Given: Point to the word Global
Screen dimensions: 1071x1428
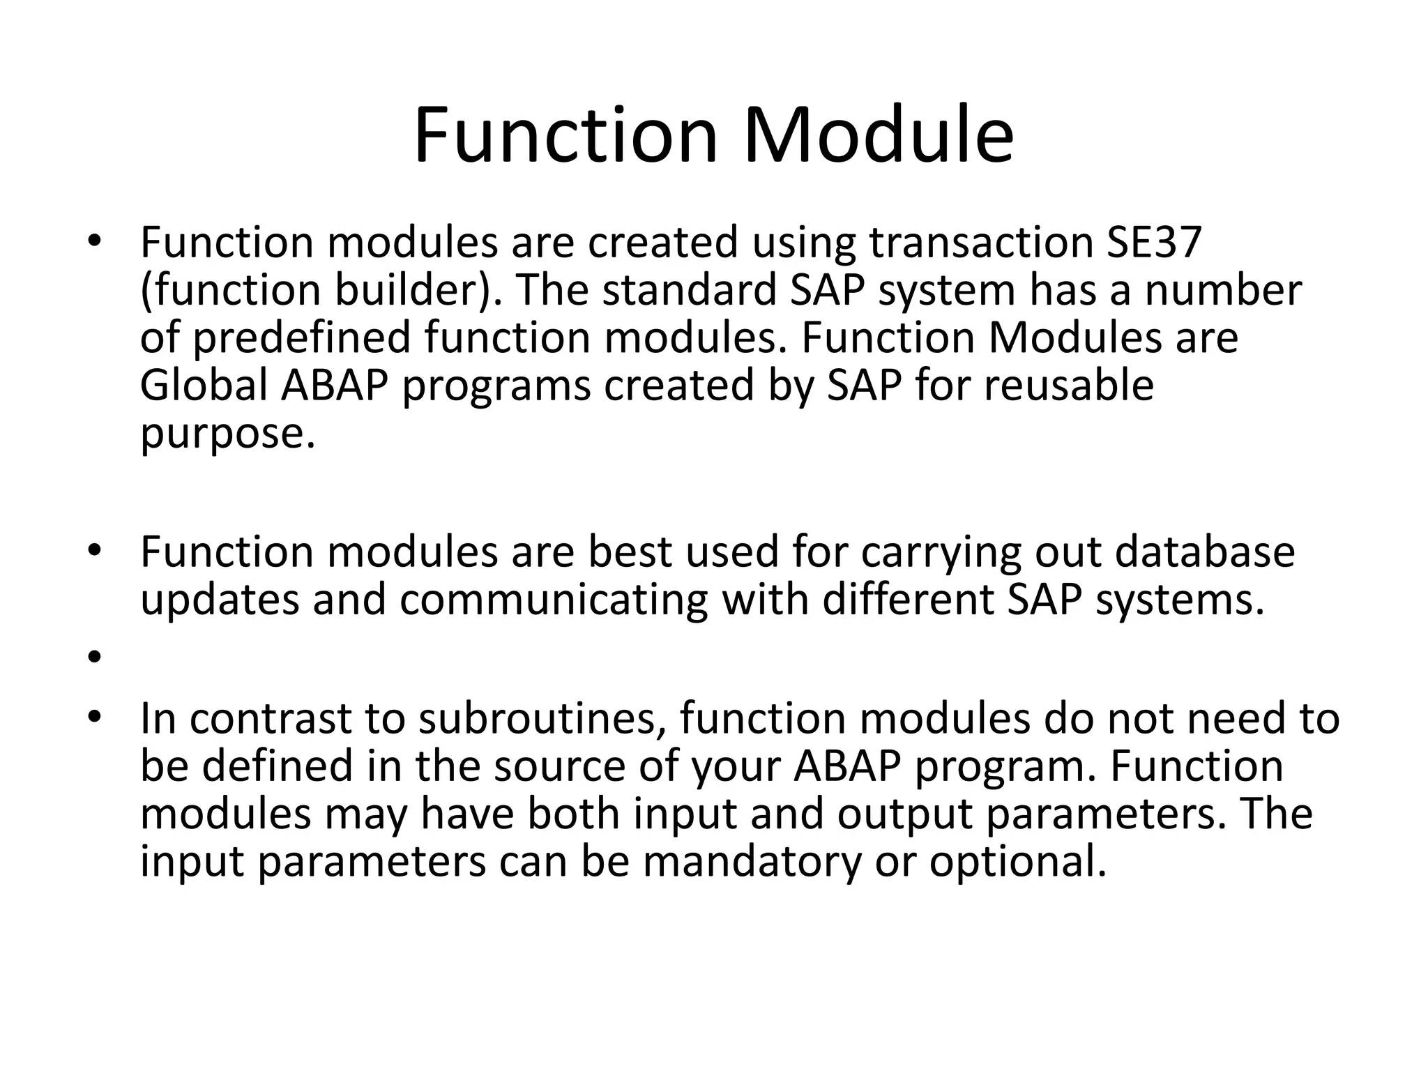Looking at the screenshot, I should point(204,386).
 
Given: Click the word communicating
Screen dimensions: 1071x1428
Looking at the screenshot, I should point(554,600).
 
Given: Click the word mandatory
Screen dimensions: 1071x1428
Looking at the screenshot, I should point(752,862).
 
